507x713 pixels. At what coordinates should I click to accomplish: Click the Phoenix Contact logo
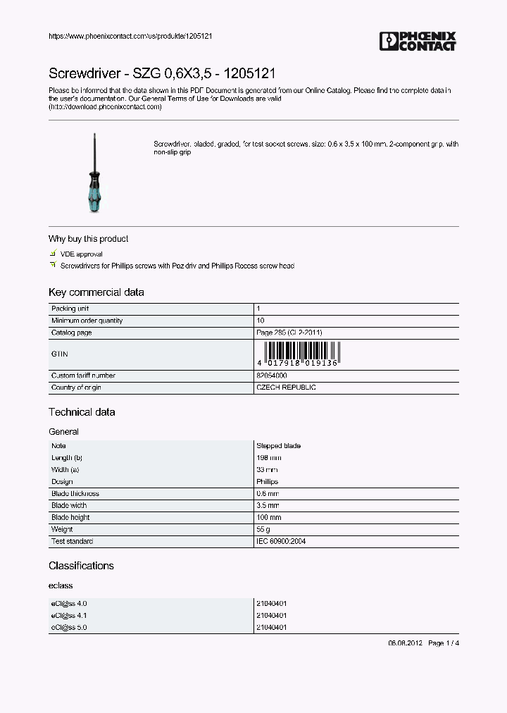(418, 42)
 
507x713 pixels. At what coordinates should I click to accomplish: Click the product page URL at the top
(120, 37)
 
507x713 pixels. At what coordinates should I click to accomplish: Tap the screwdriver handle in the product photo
(94, 191)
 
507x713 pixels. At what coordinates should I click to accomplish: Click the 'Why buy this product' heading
(88, 239)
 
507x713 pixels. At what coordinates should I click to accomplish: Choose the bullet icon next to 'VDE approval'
(52, 254)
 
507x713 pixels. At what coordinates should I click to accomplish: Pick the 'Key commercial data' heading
(96, 292)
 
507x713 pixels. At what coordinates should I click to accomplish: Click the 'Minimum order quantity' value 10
(259, 321)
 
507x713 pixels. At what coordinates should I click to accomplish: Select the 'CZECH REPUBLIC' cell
(286, 387)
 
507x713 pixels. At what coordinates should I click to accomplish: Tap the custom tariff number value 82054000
(271, 376)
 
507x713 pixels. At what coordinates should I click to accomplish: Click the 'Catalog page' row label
(71, 333)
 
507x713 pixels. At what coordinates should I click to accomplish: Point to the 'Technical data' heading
(82, 412)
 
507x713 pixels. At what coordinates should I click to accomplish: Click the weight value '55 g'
(263, 529)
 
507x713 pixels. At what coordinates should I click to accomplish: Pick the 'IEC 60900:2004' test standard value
(280, 541)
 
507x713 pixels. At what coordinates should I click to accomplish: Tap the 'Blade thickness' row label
(75, 494)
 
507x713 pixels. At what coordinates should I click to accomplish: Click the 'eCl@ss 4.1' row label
(69, 615)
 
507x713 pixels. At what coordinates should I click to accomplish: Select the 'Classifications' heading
(81, 566)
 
